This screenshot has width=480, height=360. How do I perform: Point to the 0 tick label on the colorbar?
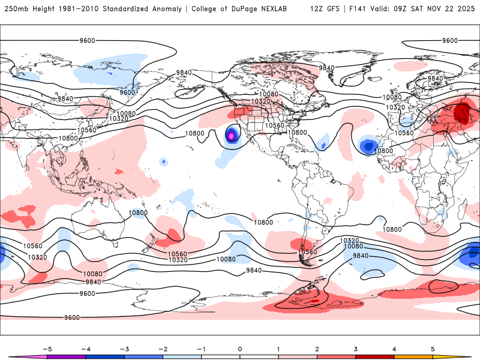click(x=239, y=349)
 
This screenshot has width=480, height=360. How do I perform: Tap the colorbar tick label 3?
click(x=356, y=349)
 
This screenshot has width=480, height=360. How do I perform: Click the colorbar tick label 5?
click(x=433, y=349)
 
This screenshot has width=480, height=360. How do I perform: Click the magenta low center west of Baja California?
click(x=231, y=136)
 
